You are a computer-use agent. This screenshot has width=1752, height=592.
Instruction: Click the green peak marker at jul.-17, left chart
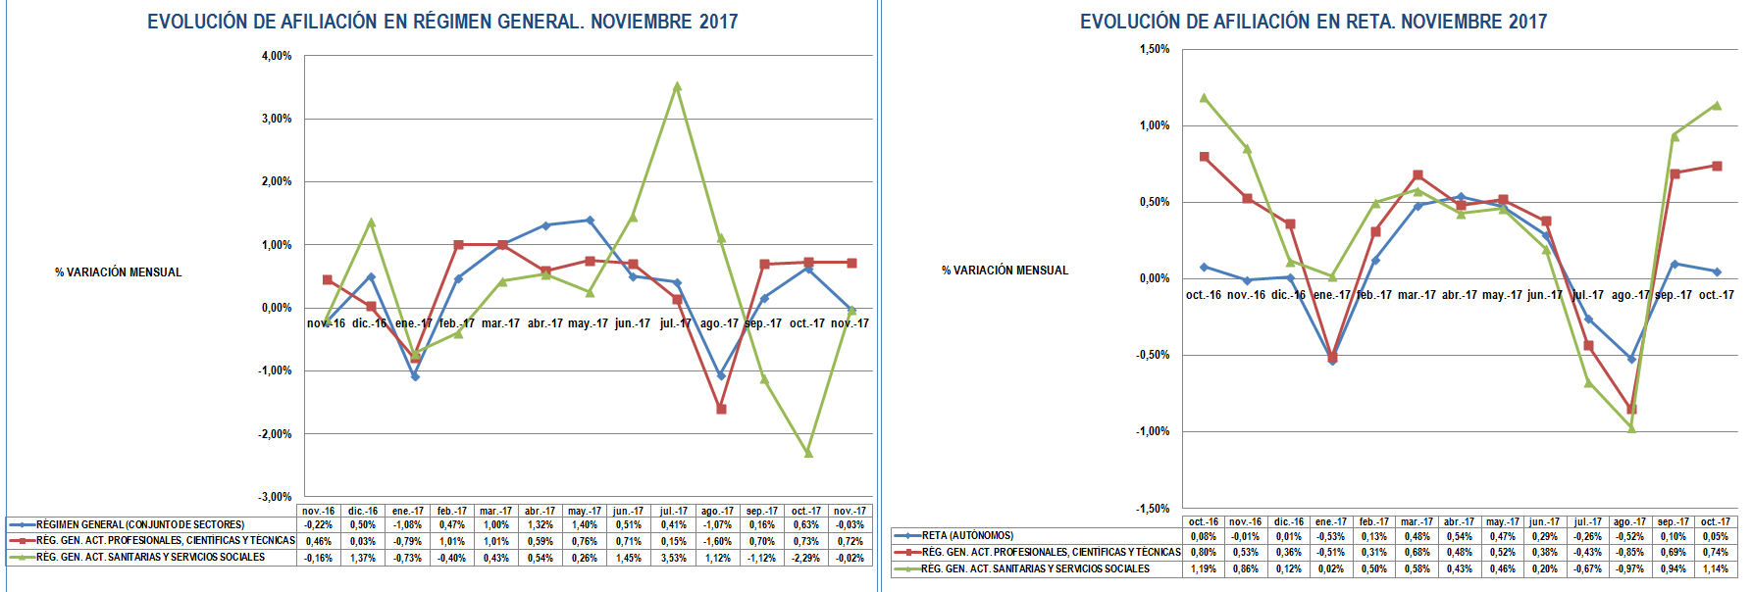(x=677, y=86)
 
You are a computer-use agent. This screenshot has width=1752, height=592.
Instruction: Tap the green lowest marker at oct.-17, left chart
(x=808, y=453)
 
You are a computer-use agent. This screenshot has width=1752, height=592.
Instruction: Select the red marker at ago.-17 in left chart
(x=721, y=409)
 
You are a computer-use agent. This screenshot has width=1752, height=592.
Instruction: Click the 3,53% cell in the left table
(x=673, y=558)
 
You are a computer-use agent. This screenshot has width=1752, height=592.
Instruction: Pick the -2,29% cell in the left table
(x=805, y=558)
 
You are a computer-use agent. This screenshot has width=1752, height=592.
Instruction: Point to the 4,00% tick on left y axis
(x=277, y=56)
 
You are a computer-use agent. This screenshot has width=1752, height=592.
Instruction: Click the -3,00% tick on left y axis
(x=275, y=497)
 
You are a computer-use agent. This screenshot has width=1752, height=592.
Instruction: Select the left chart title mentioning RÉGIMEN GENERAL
(x=442, y=22)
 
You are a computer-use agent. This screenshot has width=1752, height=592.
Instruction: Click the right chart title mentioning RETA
(x=1314, y=22)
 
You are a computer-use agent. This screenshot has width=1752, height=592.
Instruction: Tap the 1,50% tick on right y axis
(x=1155, y=49)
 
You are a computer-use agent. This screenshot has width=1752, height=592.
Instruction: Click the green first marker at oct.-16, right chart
(x=1204, y=98)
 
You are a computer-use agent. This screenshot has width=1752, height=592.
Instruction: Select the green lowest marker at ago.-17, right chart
(x=1631, y=428)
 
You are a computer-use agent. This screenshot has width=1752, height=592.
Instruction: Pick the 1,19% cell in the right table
(x=1203, y=568)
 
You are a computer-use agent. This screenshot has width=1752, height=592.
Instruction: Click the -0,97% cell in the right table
(x=1629, y=568)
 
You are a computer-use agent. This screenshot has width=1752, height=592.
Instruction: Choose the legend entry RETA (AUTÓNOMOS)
(x=967, y=536)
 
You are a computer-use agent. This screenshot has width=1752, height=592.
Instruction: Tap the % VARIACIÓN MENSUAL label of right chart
(x=1005, y=271)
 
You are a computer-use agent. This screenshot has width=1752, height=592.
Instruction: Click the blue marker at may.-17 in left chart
(x=590, y=220)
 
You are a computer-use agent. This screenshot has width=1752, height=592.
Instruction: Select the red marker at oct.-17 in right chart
(x=1717, y=166)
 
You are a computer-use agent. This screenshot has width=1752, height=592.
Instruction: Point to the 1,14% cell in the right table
(x=1715, y=568)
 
